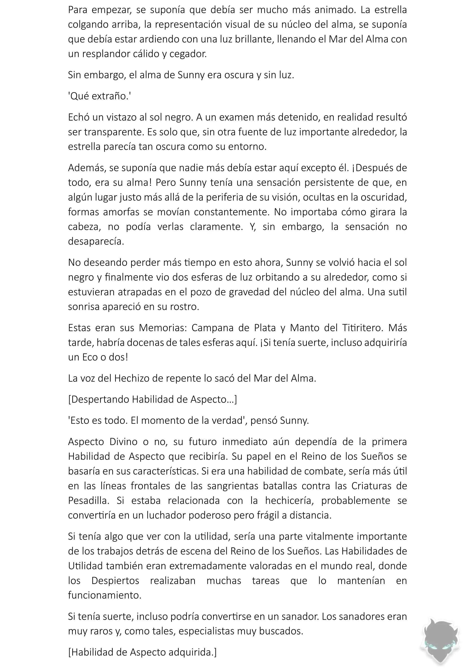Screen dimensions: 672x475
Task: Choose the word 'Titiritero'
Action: pyautogui.click(x=362, y=328)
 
